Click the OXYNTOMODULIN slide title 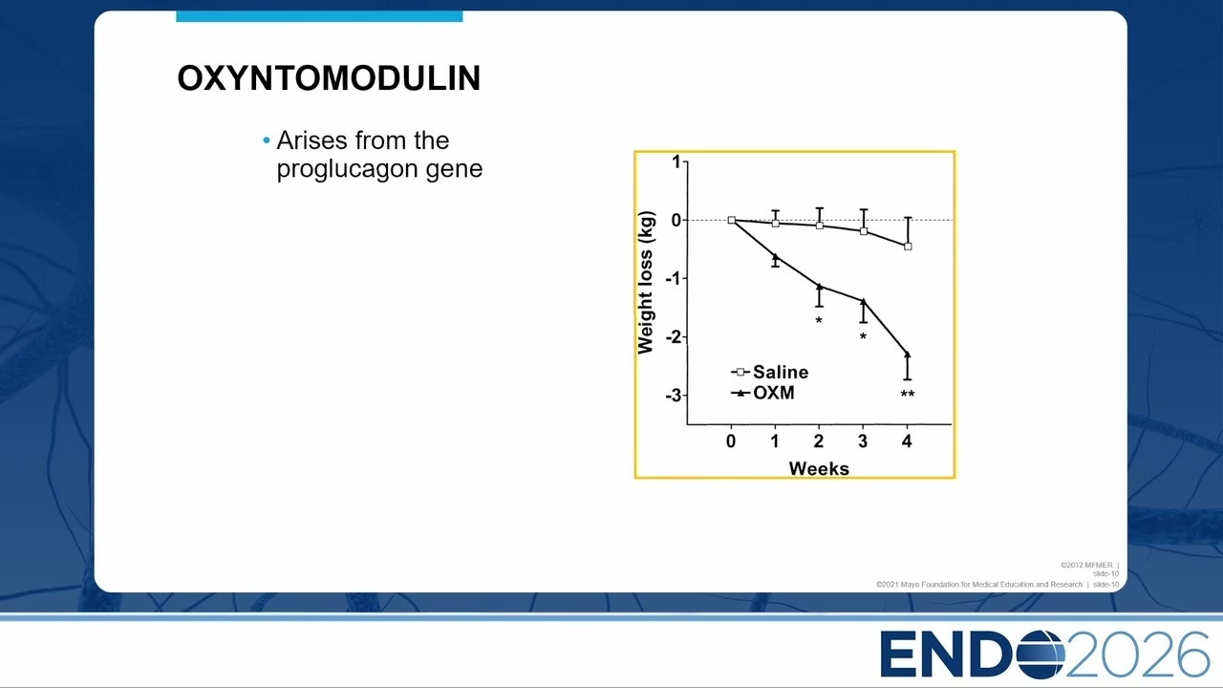329,78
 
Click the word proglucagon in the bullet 347,168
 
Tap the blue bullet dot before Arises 267,140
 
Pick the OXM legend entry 762,393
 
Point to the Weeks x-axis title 819,468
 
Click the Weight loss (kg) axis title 645,282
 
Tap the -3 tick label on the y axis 674,396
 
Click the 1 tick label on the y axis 677,161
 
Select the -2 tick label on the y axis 674,337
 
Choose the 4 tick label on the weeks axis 907,441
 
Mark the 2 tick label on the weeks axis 819,441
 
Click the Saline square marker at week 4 908,247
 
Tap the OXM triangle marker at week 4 908,355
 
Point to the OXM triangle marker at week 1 775,257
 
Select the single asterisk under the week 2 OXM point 819,320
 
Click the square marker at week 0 732,220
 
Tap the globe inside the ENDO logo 1038,655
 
